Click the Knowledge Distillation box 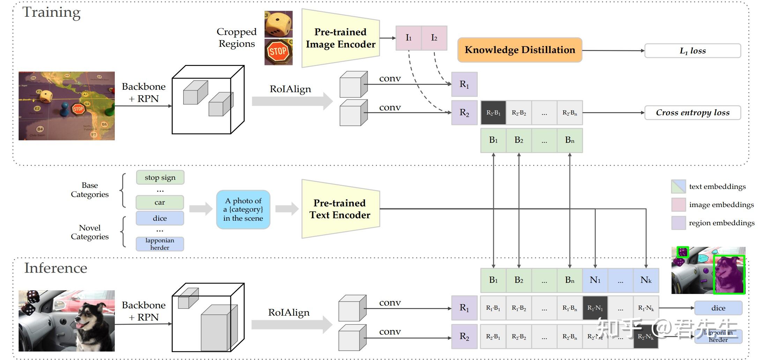pyautogui.click(x=520, y=50)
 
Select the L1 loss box pyautogui.click(x=692, y=51)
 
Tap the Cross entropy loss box pyautogui.click(x=692, y=112)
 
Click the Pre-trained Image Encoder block pyautogui.click(x=340, y=38)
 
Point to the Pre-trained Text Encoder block pyautogui.click(x=340, y=209)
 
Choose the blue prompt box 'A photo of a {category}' pyautogui.click(x=243, y=210)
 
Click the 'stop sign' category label pyautogui.click(x=160, y=177)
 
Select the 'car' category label pyautogui.click(x=160, y=203)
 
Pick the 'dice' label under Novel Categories pyautogui.click(x=160, y=218)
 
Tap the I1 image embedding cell pyautogui.click(x=408, y=38)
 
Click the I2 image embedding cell pyautogui.click(x=434, y=38)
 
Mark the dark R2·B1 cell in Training pyautogui.click(x=493, y=112)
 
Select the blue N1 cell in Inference pyautogui.click(x=595, y=280)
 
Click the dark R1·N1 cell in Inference pyautogui.click(x=595, y=308)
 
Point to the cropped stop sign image pyautogui.click(x=278, y=52)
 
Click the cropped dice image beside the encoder pyautogui.click(x=278, y=24)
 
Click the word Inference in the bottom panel pyautogui.click(x=56, y=268)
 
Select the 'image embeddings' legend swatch pyautogui.click(x=678, y=205)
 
